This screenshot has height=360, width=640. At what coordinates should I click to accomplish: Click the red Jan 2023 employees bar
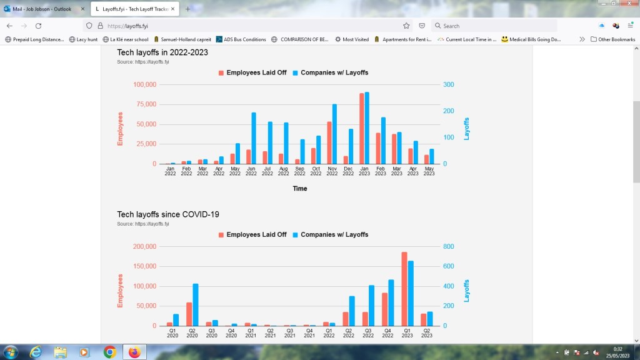[361, 129]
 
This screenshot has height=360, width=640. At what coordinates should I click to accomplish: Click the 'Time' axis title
[300, 188]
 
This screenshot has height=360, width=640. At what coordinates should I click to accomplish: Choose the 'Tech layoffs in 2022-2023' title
[162, 52]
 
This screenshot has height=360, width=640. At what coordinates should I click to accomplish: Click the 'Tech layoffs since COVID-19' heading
[168, 214]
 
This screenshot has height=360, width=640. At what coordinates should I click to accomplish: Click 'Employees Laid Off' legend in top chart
[252, 72]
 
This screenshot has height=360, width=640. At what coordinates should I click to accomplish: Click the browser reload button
[38, 26]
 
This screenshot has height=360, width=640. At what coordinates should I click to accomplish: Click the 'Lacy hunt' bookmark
[83, 39]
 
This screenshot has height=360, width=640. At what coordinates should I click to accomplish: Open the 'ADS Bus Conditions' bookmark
[241, 39]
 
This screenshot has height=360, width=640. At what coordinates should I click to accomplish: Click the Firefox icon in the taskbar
[134, 352]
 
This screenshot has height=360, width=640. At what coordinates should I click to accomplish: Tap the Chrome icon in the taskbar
[109, 352]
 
